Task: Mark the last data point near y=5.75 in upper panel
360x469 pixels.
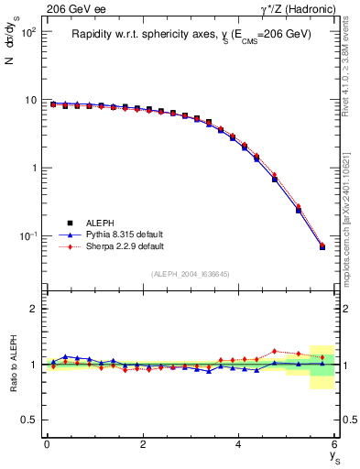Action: (322, 246)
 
